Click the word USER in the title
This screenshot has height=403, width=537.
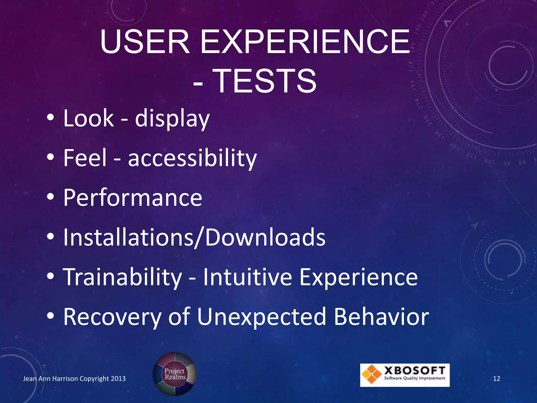[x=145, y=42]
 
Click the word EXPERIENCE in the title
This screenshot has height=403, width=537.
[x=305, y=42]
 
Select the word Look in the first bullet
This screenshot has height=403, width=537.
[x=88, y=119]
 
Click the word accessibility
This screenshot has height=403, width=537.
[x=192, y=158]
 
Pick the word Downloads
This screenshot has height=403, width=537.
[x=265, y=237]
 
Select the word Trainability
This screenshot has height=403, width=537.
[x=122, y=277]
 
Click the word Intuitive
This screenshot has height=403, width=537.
[x=248, y=277]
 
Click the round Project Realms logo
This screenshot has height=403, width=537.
[x=175, y=374]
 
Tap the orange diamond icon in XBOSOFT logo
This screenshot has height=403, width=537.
[x=372, y=374]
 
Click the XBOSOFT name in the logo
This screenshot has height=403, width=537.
[x=415, y=371]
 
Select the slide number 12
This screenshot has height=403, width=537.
[x=497, y=379]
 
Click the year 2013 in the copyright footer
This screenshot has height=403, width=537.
[x=118, y=379]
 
